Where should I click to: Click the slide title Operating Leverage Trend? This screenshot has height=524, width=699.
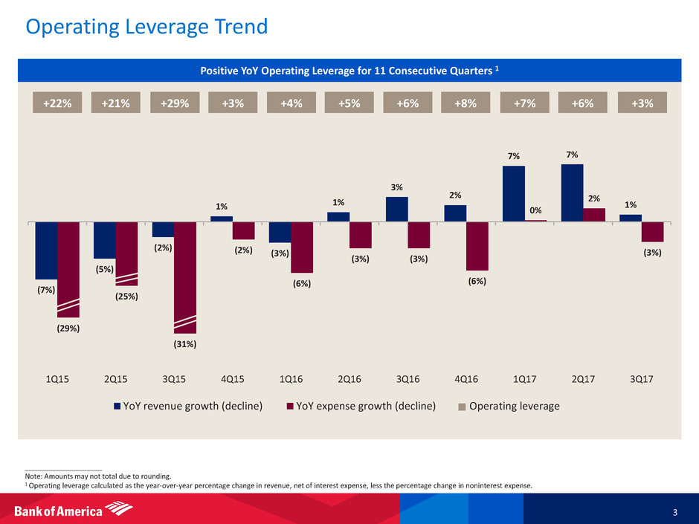tap(146, 27)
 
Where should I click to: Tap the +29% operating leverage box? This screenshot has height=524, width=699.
tap(174, 103)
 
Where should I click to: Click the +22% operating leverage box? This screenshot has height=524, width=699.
tap(57, 103)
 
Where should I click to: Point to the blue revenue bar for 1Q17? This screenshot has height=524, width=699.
tap(514, 193)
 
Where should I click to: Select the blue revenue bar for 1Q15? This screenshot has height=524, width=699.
tap(46, 250)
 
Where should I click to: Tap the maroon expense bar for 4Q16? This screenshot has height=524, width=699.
tap(477, 246)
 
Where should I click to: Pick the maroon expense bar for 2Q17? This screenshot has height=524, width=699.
tap(594, 215)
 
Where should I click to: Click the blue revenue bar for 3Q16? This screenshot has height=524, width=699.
tap(397, 209)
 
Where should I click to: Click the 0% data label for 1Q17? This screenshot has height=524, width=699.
tap(536, 210)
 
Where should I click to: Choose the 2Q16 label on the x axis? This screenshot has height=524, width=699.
tap(349, 379)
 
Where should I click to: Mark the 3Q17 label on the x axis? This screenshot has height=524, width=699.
tap(641, 379)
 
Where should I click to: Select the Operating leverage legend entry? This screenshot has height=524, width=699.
tap(510, 406)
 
